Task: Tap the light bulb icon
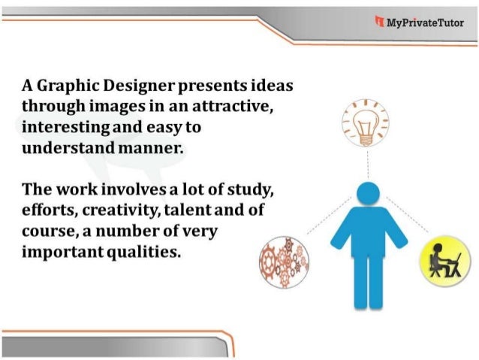coord(367,122)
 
